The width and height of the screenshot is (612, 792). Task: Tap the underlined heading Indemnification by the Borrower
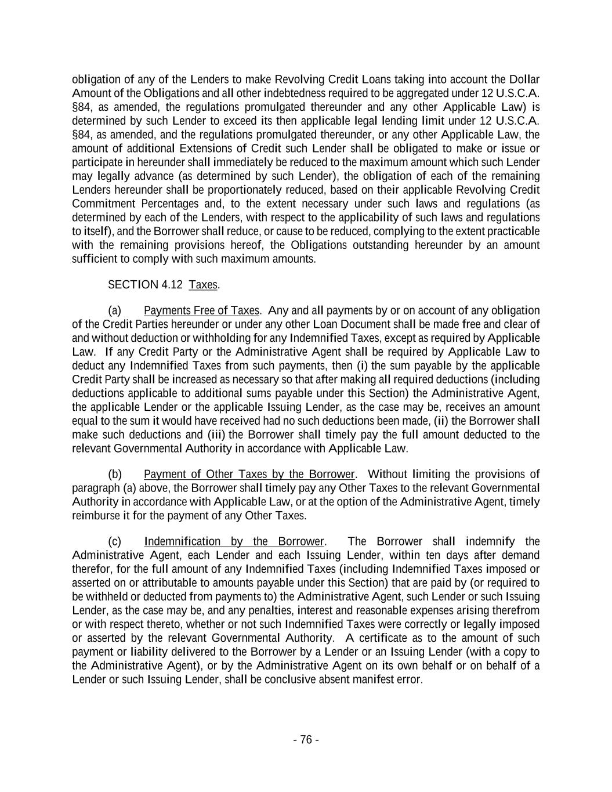pos(234,541)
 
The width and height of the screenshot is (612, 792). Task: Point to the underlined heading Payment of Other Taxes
pos(249,474)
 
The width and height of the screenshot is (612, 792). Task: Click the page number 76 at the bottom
pos(306,739)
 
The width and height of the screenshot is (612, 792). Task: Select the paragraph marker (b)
pos(115,474)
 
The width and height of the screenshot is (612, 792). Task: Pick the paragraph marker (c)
pos(115,541)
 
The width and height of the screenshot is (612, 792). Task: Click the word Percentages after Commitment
pos(164,204)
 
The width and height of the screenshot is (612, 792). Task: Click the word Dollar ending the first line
pos(524,79)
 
